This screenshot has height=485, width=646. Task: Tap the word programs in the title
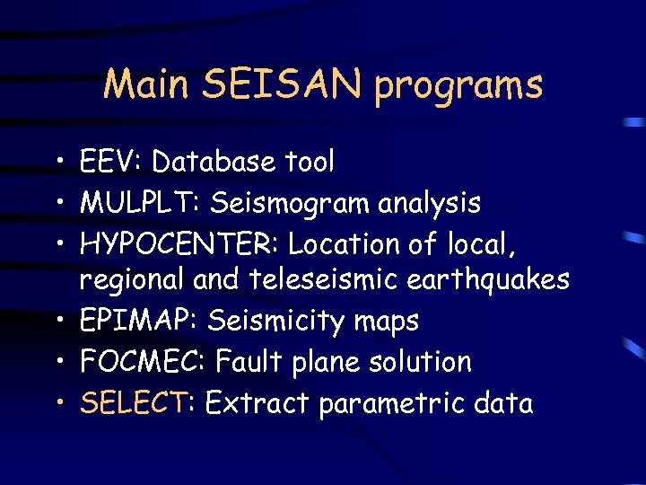[459, 86]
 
